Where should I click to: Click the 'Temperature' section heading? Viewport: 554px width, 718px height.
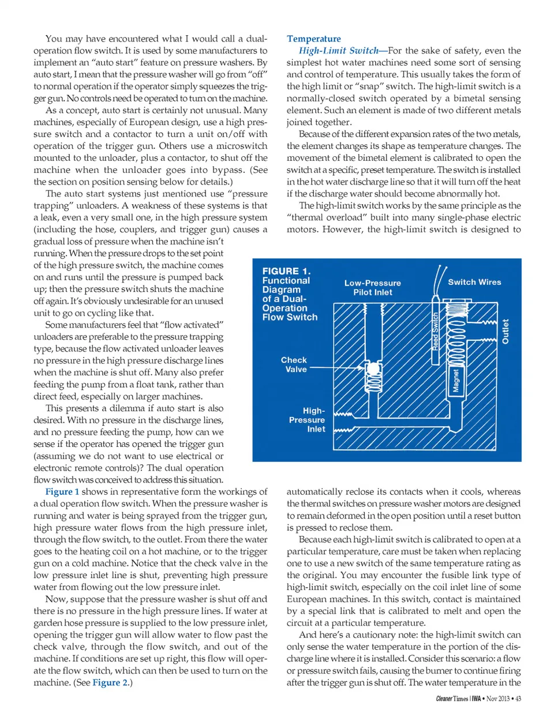313,39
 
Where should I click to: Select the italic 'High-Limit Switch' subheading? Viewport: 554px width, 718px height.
338,51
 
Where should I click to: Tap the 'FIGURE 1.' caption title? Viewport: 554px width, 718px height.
286,271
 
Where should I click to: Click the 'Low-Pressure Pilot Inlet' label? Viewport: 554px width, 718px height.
372,287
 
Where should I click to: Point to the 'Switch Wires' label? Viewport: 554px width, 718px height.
474,282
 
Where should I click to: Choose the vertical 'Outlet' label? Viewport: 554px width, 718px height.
506,332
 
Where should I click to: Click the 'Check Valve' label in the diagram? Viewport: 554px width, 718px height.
294,364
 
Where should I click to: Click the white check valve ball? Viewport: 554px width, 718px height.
373,369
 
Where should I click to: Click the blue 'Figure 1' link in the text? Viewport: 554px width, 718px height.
62,492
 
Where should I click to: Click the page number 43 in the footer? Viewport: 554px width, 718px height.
518,699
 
